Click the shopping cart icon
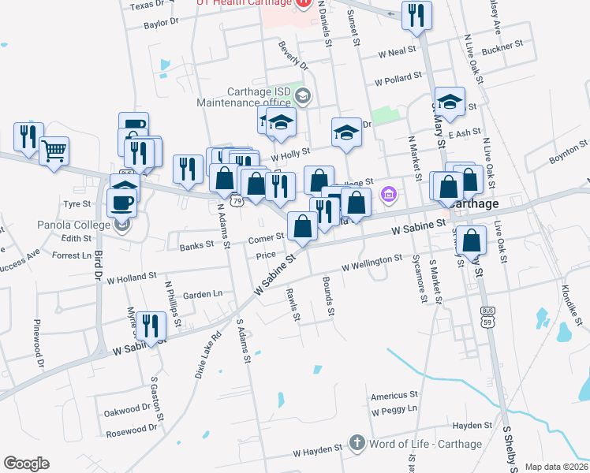point(54,151)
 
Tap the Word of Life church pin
point(357,443)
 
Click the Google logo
point(26,464)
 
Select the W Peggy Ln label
point(394,411)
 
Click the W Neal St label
point(397,52)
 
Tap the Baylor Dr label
point(162,24)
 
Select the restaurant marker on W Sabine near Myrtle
point(149,325)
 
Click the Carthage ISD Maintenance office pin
point(303,96)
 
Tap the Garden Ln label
point(203,294)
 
